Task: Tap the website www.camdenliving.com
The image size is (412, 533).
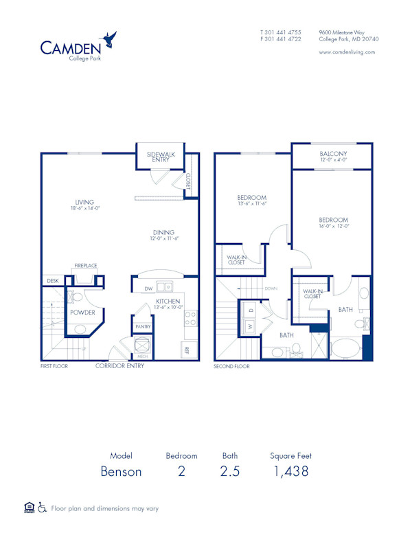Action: pyautogui.click(x=347, y=52)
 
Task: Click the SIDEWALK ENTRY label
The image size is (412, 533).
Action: pyautogui.click(x=161, y=157)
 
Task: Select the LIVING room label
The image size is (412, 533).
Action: pyautogui.click(x=84, y=201)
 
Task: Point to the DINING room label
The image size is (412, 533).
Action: pyautogui.click(x=163, y=232)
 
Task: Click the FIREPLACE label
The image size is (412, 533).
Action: pyautogui.click(x=86, y=266)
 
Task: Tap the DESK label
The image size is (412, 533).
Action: pyautogui.click(x=52, y=281)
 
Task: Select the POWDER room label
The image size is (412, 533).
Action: pyautogui.click(x=82, y=312)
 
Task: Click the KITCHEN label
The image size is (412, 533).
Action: pyautogui.click(x=168, y=302)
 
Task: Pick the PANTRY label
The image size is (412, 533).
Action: pyautogui.click(x=143, y=327)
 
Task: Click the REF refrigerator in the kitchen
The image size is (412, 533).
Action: pyautogui.click(x=187, y=350)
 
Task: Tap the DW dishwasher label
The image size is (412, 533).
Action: pyautogui.click(x=148, y=288)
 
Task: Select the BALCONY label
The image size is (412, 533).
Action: pyautogui.click(x=333, y=153)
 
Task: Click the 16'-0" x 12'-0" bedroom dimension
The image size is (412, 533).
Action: pyautogui.click(x=334, y=225)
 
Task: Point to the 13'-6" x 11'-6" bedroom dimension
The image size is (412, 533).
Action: pyautogui.click(x=251, y=203)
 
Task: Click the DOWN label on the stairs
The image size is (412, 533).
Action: pyautogui.click(x=271, y=288)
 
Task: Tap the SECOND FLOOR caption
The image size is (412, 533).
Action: pyautogui.click(x=232, y=367)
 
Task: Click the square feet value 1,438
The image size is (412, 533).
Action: pyautogui.click(x=290, y=471)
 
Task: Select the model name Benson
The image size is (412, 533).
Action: pyautogui.click(x=121, y=471)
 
